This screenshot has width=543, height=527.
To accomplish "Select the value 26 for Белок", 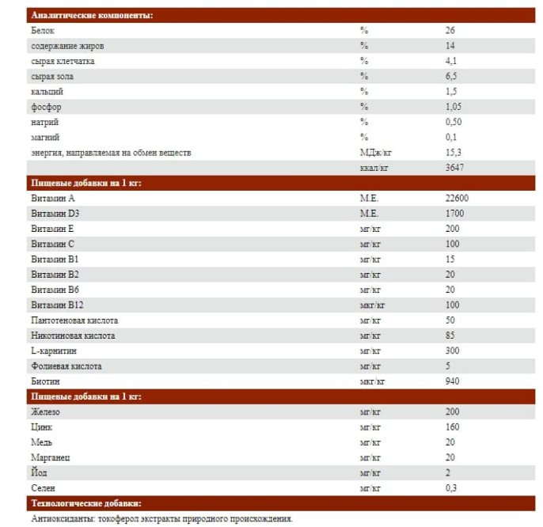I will (450, 31).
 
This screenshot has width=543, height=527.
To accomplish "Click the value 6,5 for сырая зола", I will (451, 76).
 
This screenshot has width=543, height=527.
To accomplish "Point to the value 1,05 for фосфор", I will (454, 107).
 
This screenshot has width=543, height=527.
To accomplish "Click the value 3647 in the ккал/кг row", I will (455, 168).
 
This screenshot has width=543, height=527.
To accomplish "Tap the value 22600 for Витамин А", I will (457, 199).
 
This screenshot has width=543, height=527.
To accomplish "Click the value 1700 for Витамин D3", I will (454, 214).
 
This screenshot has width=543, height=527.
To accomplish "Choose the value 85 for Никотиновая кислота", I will (450, 336).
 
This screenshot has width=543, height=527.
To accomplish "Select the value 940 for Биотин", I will (453, 381).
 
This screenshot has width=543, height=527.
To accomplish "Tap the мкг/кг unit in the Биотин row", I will (372, 381).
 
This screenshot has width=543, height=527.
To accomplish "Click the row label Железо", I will (47, 412).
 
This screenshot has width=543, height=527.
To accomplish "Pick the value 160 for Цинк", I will (453, 427).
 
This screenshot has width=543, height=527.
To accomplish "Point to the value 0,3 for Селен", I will (451, 488).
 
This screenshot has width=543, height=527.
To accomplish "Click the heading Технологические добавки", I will (86, 503).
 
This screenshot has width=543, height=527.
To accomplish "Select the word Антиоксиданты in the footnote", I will (63, 519).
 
